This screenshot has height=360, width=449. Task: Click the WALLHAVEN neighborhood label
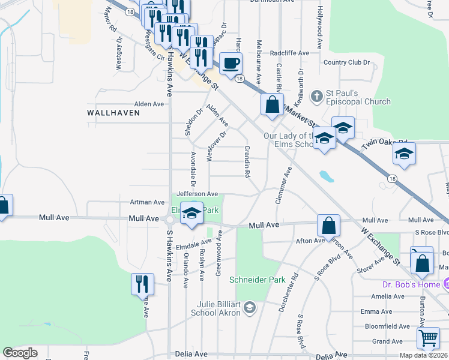pyautogui.click(x=113, y=112)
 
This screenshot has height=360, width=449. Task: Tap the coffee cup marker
pyautogui.click(x=231, y=63)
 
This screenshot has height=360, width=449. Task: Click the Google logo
pyautogui.click(x=20, y=353)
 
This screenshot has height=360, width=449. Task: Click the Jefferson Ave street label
pyautogui.click(x=197, y=194)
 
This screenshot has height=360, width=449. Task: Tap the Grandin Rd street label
pyautogui.click(x=246, y=161)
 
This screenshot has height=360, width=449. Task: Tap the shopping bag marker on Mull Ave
pyautogui.click(x=328, y=226)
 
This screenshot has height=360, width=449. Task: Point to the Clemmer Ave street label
pyautogui.click(x=283, y=185)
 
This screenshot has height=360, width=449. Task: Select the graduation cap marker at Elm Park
pyautogui.click(x=191, y=214)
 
